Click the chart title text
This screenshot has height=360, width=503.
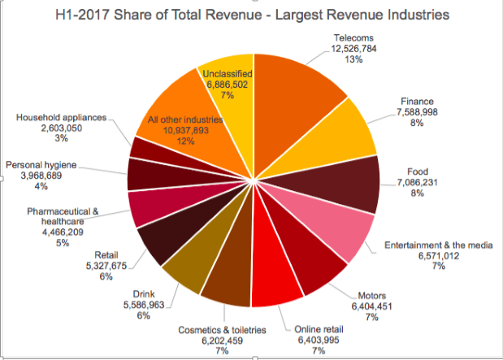coord(251,16)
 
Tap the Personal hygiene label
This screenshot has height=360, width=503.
coord(41,165)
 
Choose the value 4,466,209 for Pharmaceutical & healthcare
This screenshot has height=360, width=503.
coord(62,231)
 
